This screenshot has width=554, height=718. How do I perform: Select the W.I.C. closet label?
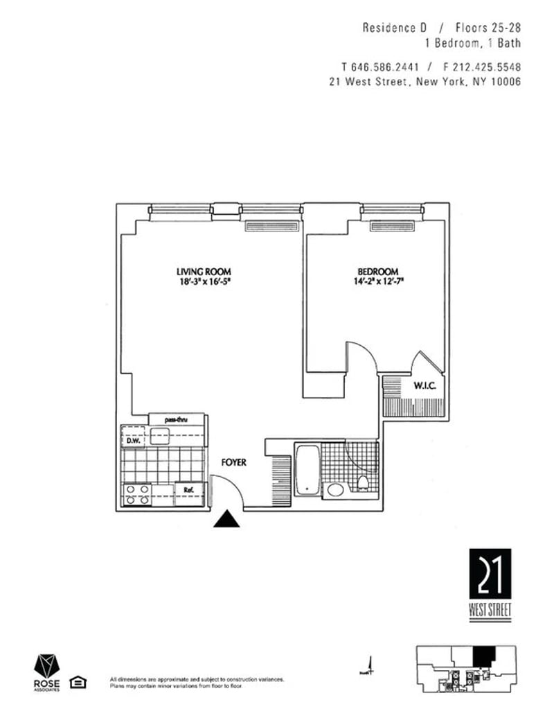click(x=424, y=385)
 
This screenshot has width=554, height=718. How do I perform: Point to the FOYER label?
click(x=233, y=462)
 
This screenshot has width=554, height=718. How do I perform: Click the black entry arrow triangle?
click(x=226, y=519)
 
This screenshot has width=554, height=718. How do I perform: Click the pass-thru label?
click(x=177, y=419)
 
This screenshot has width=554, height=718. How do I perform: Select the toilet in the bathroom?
click(x=362, y=482)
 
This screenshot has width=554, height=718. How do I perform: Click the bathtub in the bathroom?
click(x=307, y=469)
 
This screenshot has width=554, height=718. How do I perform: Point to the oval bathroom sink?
click(x=336, y=491)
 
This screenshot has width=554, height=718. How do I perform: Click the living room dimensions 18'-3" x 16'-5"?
click(x=203, y=282)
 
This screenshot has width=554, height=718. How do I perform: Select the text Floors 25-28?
click(x=488, y=28)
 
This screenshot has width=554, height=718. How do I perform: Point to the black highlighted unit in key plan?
click(x=484, y=655)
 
